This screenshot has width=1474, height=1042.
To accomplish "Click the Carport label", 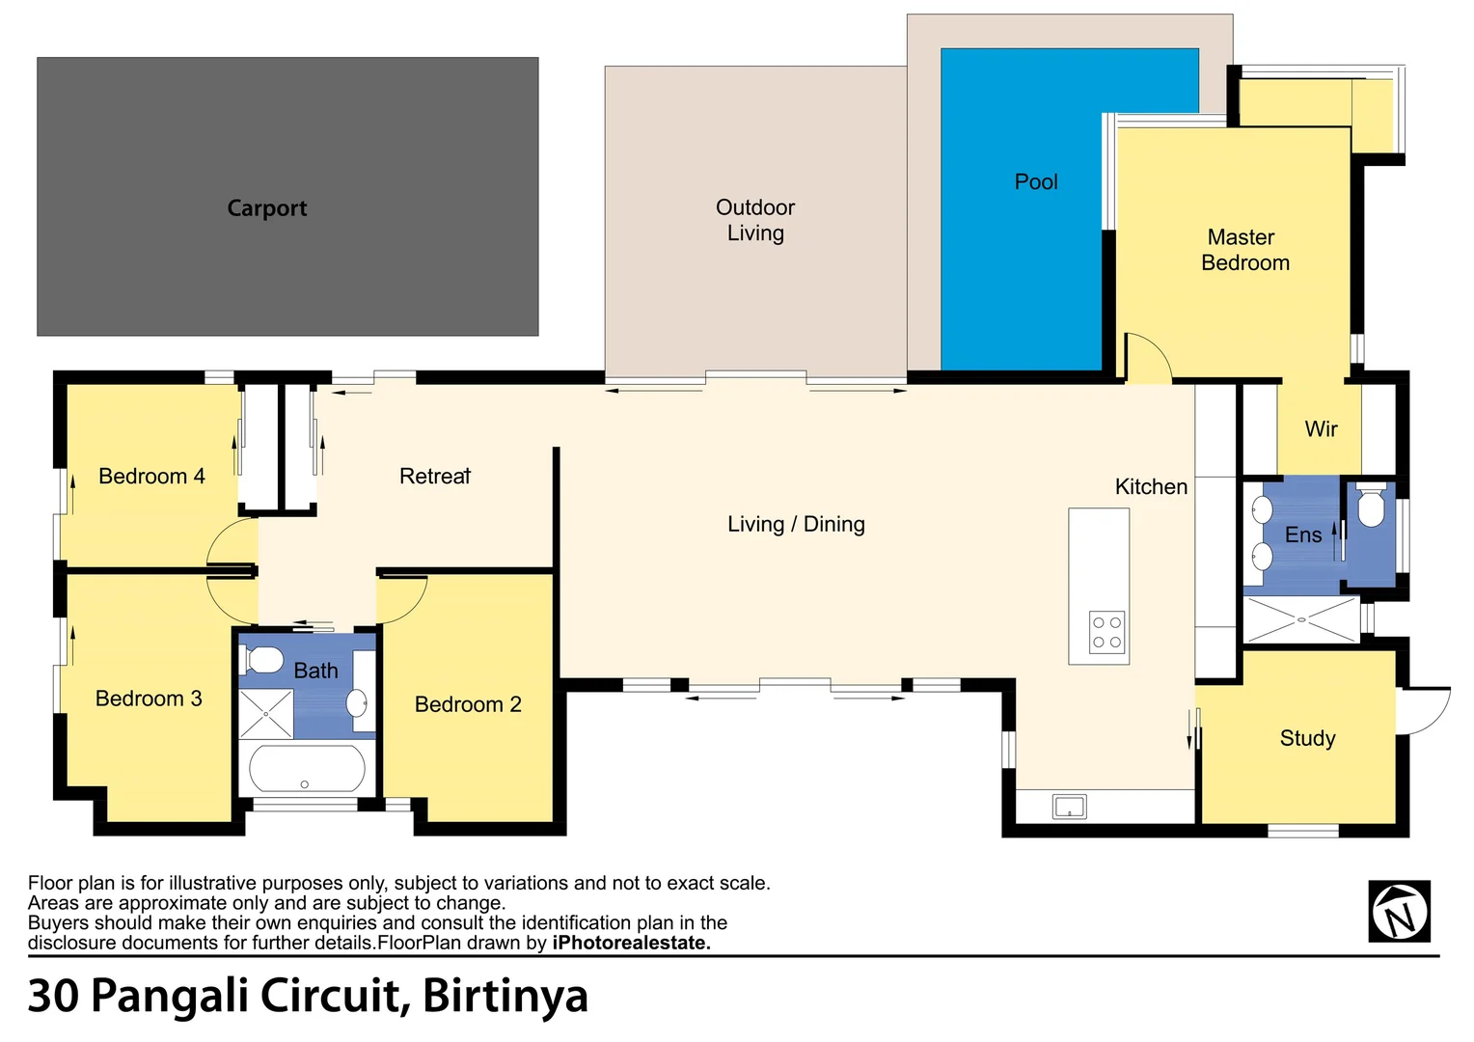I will (x=266, y=208).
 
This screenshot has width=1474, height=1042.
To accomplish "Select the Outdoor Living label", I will (x=755, y=220).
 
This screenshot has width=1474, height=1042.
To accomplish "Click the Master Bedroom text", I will (x=1244, y=250).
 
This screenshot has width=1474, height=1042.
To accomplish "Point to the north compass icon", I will (x=1399, y=911).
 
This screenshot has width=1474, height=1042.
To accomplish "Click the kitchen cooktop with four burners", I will (x=1106, y=632).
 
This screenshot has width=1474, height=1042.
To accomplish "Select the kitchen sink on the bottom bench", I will (x=1069, y=807).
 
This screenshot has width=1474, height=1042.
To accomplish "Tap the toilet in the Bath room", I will (x=262, y=660).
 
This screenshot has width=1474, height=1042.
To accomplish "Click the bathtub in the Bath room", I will (x=307, y=769).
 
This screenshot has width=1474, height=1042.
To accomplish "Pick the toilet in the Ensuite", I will (x=1371, y=507).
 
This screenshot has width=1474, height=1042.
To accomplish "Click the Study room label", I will (x=1307, y=738).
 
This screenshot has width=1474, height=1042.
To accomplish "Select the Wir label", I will (x=1321, y=429).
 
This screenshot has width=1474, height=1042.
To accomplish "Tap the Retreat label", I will (x=435, y=476).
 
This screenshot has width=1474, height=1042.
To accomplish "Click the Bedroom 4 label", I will (x=151, y=476).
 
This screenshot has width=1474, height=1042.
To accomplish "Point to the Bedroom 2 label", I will (x=468, y=704).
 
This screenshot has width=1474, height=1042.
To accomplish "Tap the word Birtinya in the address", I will (x=505, y=996).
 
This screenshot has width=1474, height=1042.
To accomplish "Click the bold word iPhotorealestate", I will (x=631, y=943).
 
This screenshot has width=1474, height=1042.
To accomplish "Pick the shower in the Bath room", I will (x=265, y=714).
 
